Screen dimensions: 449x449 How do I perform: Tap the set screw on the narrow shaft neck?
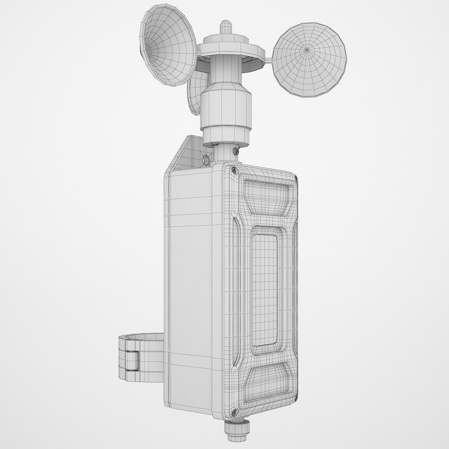pyautogui.click(x=236, y=150)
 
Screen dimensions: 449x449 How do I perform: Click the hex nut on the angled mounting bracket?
pyautogui.click(x=205, y=158)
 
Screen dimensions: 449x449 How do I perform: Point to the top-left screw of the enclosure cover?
pyautogui.click(x=234, y=169)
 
